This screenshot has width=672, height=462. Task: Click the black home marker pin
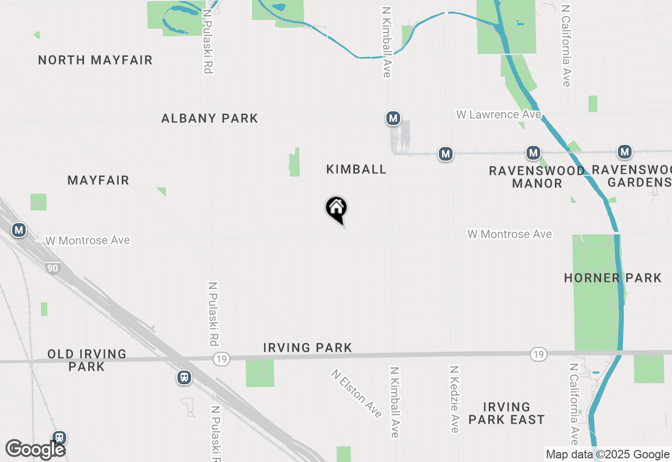[x=337, y=209]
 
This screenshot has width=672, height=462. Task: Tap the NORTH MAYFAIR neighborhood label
[x=95, y=60]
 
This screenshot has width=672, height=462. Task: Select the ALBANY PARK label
[x=209, y=118]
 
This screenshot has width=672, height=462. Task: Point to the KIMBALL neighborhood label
[x=356, y=169]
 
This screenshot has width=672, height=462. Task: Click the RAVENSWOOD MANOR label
[x=537, y=177]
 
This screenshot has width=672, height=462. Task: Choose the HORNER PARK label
[x=613, y=278]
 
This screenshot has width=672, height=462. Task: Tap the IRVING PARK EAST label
[x=506, y=413]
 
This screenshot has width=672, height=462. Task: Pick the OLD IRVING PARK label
[x=87, y=360]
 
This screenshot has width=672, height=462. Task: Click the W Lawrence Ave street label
[x=498, y=114]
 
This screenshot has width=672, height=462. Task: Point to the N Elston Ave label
[x=356, y=394]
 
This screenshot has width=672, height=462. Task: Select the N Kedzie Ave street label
[x=455, y=400]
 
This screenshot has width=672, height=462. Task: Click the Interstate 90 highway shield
[x=52, y=268]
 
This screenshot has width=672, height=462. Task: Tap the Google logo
[x=35, y=449]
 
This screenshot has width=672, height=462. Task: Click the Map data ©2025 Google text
[x=607, y=455]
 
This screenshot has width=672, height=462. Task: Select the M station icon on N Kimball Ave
[x=393, y=119]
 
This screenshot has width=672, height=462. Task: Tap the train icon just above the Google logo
[x=59, y=437]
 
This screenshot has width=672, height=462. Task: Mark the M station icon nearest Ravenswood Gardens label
[x=624, y=152]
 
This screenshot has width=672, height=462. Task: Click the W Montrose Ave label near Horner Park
[x=509, y=234]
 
